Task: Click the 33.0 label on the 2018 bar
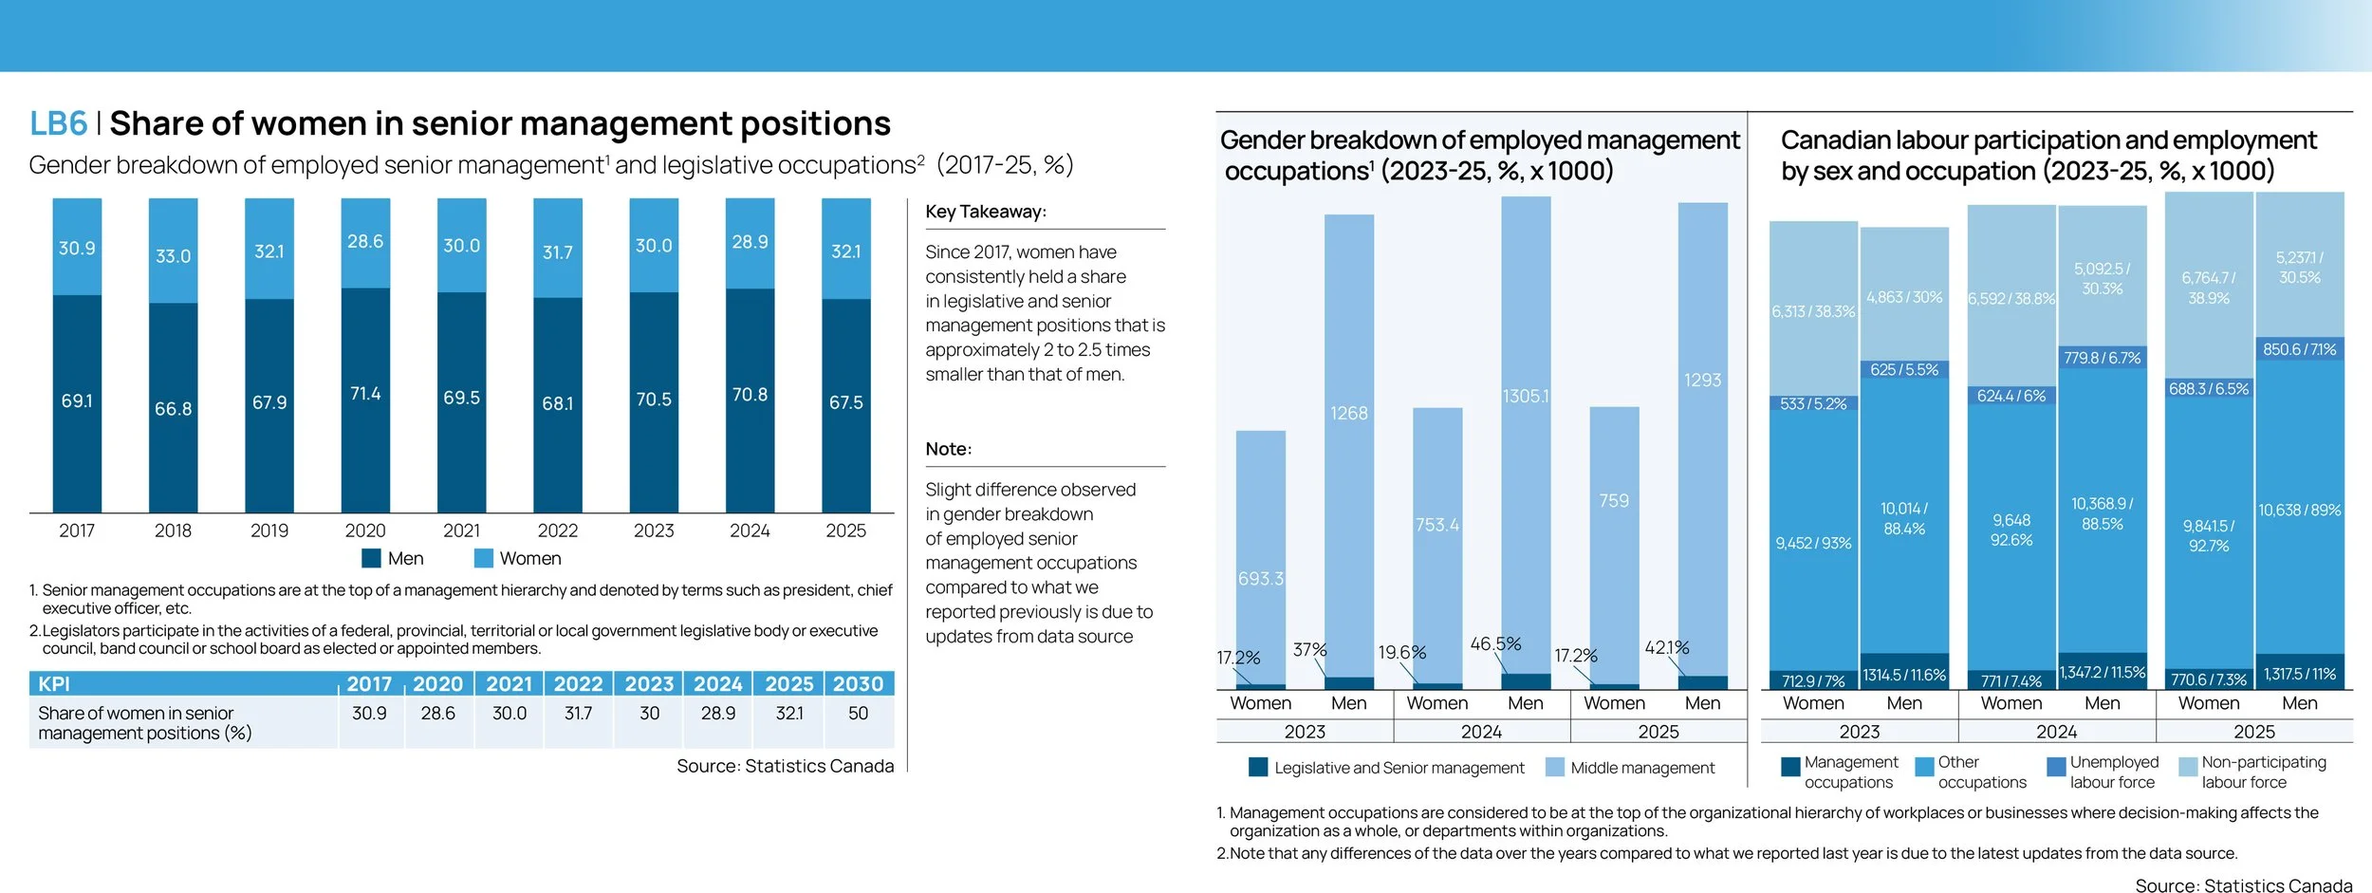pos(173,256)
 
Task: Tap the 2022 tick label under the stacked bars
pos(557,530)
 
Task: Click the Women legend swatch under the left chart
pos(484,558)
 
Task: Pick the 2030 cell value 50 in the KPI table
pos(858,713)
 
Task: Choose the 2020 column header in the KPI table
pos(437,683)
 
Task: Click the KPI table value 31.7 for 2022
pos(578,713)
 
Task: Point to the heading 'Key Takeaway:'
pos(986,212)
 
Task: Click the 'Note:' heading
pos(949,449)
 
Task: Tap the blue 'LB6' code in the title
pos(58,123)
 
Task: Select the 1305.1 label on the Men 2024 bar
pos(1526,396)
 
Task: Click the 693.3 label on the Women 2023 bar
pos(1260,579)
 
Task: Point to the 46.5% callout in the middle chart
pos(1495,643)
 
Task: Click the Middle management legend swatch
pos(1554,767)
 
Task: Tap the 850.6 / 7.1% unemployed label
pos(2299,349)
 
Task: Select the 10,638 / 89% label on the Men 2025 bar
pos(2299,511)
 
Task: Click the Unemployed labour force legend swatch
pos(2056,767)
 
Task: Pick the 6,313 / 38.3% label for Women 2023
pos(1812,311)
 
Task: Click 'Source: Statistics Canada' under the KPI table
pos(785,766)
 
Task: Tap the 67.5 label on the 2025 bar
pos(845,402)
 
